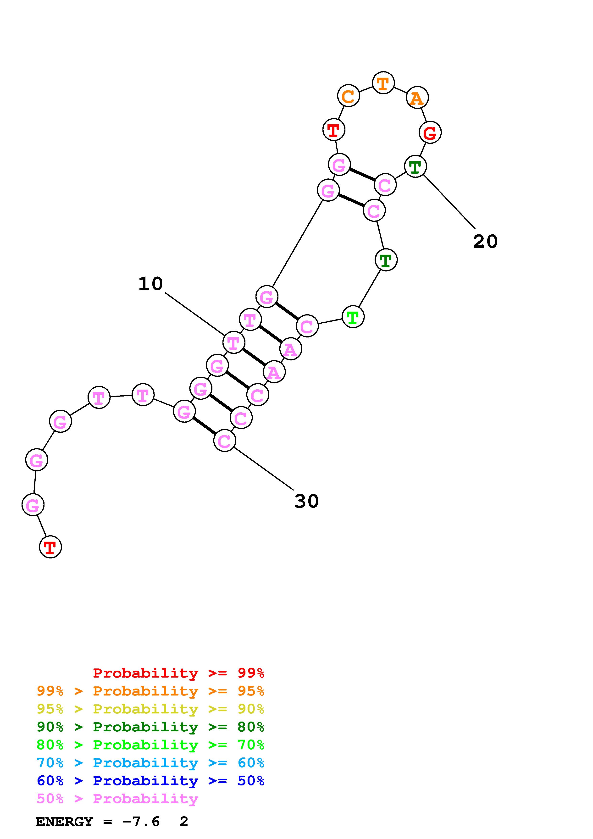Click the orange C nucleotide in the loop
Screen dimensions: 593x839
[348, 96]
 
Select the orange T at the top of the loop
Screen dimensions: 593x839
[383, 83]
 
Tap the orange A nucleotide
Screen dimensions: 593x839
[417, 98]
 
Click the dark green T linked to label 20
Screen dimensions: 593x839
[416, 167]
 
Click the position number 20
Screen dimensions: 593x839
[485, 242]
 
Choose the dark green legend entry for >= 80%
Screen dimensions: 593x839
[150, 727]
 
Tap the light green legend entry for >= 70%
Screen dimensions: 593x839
[150, 745]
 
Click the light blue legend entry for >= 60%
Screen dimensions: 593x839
[150, 763]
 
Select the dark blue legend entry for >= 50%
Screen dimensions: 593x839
[150, 781]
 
